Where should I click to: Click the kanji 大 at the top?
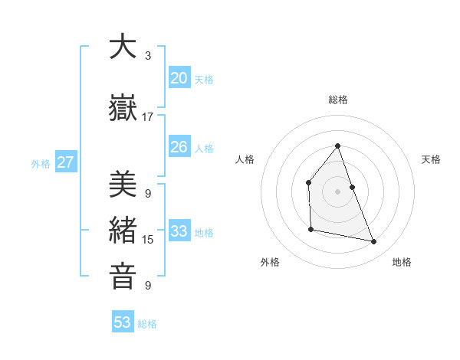123,47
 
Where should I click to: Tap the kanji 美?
123,185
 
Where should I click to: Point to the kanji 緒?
123,231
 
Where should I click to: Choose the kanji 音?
123,277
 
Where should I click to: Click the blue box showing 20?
179,78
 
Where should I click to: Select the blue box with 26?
179,147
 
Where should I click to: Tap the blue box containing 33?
179,231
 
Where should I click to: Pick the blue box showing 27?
65,162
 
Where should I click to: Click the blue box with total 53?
123,322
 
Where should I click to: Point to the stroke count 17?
148,117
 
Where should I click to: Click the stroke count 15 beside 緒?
148,240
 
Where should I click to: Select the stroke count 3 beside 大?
148,56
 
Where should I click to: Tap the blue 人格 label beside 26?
204,148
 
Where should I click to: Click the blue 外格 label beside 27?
40,163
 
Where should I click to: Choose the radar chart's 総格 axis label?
337,100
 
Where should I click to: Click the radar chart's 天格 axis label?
431,159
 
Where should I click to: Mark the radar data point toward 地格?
374,242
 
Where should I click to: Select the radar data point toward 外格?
310,229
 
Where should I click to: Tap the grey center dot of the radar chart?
337,191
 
